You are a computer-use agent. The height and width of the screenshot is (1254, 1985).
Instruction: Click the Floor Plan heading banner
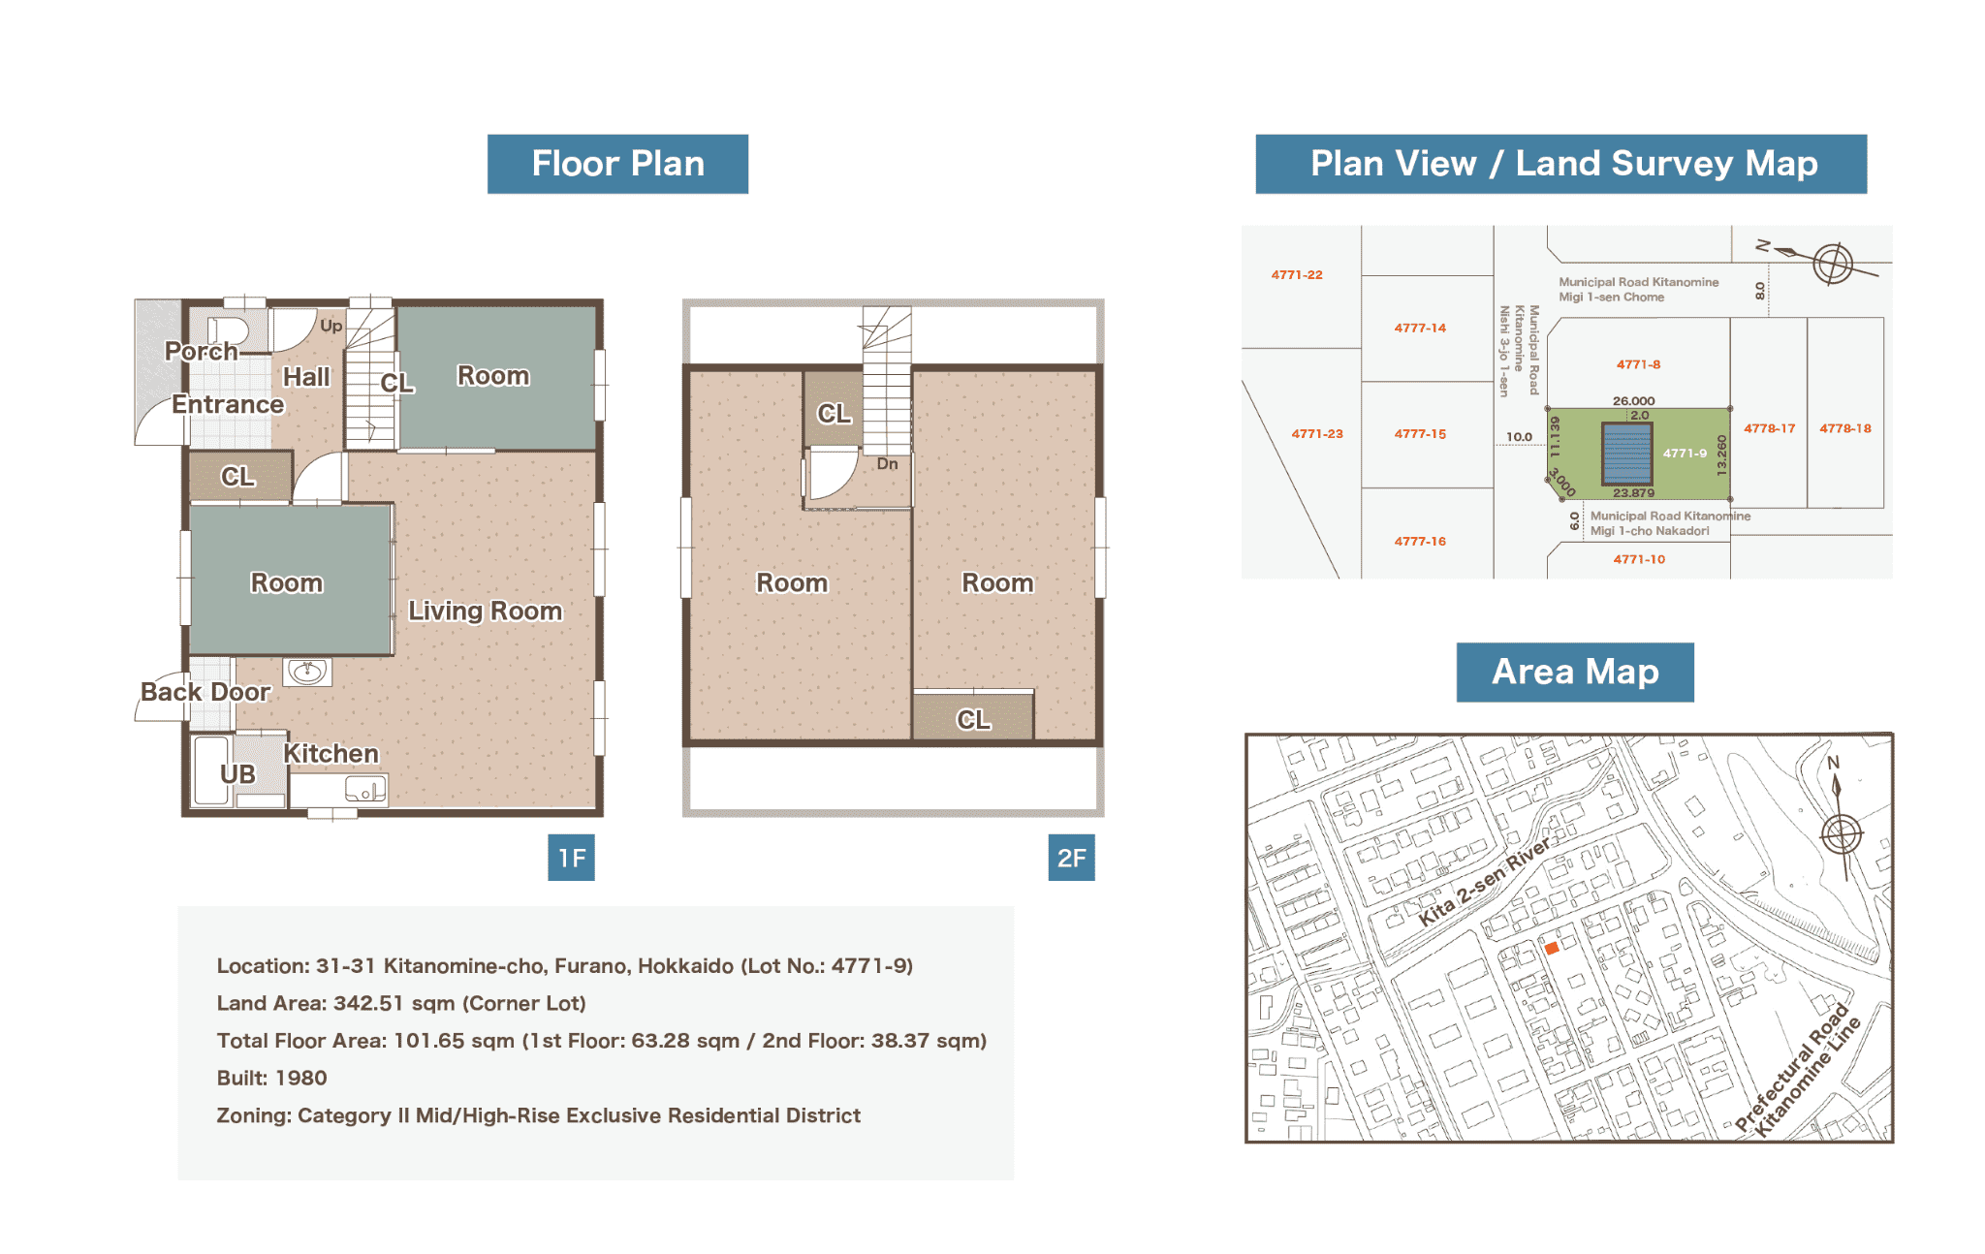click(x=617, y=164)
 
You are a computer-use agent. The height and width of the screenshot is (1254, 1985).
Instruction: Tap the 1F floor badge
click(x=571, y=858)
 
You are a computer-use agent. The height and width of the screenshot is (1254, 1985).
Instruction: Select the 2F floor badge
click(x=1071, y=858)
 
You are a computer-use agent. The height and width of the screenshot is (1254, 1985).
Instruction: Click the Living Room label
click(x=485, y=611)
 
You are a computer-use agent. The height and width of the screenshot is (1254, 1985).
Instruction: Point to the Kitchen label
click(x=331, y=753)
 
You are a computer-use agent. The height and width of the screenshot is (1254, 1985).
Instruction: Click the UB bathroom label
click(x=237, y=774)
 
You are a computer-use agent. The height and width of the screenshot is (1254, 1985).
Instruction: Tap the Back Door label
click(x=205, y=692)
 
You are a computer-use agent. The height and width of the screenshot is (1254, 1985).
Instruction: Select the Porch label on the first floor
click(x=201, y=351)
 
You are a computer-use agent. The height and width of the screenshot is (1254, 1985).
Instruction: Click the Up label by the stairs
click(x=331, y=326)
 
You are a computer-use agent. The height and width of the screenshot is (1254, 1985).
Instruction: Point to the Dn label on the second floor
click(x=887, y=464)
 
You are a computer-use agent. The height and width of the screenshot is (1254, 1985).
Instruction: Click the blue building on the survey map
click(x=1627, y=453)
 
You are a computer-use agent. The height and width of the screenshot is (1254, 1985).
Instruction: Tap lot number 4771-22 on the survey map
click(x=1297, y=275)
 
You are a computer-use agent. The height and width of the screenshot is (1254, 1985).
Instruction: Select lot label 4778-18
click(x=1844, y=428)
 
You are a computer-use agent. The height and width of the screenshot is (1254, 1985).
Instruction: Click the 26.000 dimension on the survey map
click(x=1633, y=401)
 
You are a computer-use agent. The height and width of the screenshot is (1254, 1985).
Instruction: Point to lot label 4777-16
click(x=1420, y=542)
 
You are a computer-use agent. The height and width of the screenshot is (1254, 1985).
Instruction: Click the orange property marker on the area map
click(x=1551, y=949)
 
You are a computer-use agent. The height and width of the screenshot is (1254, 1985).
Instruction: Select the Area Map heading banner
click(x=1575, y=672)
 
